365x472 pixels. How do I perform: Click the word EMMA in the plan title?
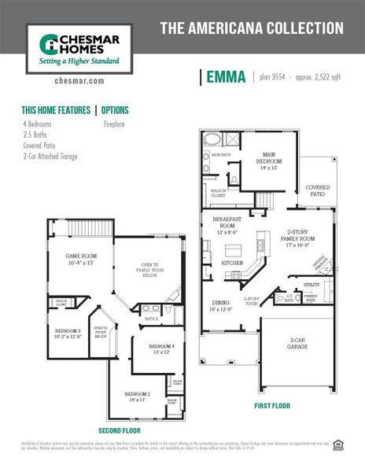[227, 77]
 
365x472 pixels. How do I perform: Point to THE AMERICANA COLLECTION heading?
[252, 28]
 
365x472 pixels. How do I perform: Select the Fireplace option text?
[116, 124]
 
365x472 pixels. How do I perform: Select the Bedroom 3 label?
[68, 334]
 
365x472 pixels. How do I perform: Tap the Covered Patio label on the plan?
[317, 190]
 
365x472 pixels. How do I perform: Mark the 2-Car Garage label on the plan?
[297, 343]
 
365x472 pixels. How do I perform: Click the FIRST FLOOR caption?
[272, 406]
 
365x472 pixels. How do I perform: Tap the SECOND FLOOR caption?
[120, 431]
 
